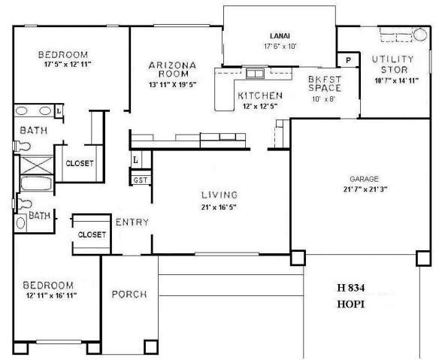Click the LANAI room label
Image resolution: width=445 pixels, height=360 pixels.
tap(280, 35)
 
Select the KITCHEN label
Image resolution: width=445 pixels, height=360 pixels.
tap(259, 95)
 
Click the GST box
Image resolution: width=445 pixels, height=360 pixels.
tap(141, 180)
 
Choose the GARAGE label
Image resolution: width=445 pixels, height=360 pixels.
tap(363, 179)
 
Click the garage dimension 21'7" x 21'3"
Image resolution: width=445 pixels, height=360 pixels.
tap(364, 189)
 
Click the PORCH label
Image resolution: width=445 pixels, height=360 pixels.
tap(129, 294)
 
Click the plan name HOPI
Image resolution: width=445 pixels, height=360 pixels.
tap(350, 306)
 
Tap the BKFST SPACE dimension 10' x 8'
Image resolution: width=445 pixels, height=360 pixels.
tap(324, 98)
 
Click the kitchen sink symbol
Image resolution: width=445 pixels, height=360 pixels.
tap(254, 74)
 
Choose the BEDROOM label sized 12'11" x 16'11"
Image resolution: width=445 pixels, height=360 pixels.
tap(47, 285)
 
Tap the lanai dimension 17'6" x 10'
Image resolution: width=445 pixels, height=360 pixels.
tap(280, 47)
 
